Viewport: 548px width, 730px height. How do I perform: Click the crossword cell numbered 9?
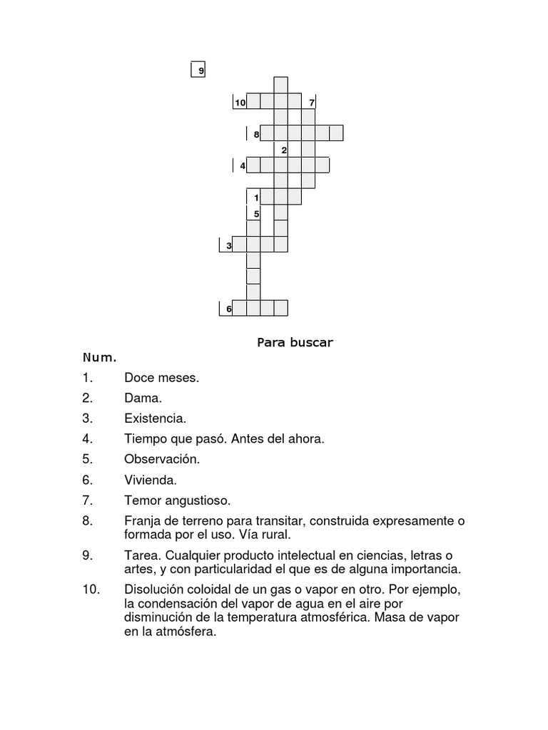[x=198, y=70]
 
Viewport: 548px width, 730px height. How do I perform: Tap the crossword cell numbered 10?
[x=240, y=103]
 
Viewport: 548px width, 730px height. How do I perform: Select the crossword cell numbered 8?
[x=254, y=133]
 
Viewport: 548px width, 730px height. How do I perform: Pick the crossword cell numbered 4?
[x=241, y=165]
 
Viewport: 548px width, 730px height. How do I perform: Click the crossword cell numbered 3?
[x=226, y=245]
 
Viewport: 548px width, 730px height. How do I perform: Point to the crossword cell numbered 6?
[x=226, y=308]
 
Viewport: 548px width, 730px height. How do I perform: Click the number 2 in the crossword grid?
[x=283, y=150]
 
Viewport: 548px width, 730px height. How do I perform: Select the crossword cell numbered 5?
[x=254, y=212]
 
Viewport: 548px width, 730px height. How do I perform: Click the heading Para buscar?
[x=295, y=342]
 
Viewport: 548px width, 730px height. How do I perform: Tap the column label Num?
[x=99, y=356]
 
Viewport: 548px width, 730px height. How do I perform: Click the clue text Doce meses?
[x=161, y=378]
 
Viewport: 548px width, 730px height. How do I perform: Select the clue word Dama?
[x=143, y=398]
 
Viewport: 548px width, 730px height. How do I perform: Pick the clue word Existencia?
[x=155, y=418]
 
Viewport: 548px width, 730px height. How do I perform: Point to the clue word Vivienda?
[x=151, y=480]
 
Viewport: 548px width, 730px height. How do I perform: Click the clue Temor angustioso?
[x=178, y=500]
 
